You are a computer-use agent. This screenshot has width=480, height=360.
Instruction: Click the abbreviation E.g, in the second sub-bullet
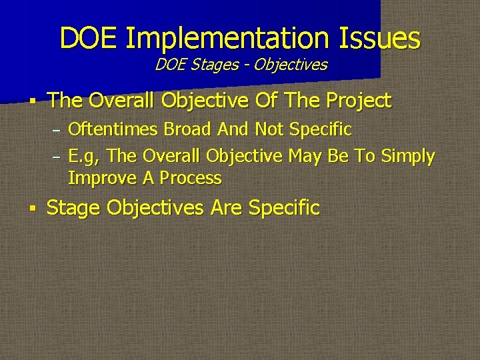tap(85, 157)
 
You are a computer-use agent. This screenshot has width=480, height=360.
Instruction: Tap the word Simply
tap(407, 157)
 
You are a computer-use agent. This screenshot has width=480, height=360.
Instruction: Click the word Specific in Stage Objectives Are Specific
tap(284, 207)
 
